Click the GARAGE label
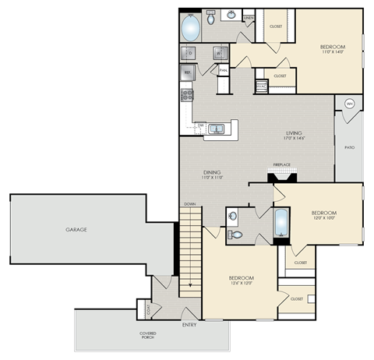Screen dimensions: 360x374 click(76, 231)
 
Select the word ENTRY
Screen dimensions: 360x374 click(189, 324)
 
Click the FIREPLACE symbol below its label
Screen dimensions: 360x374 click(281, 175)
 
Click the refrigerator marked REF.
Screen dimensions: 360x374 click(188, 72)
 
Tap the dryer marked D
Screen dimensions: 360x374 click(189, 53)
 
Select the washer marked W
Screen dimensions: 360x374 click(221, 53)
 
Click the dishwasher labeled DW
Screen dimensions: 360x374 click(200, 125)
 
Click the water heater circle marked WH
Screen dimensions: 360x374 click(349, 102)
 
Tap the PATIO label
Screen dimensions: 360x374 click(349, 146)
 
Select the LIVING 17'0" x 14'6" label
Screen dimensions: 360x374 click(293, 136)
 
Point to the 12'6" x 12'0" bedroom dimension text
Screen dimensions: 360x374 click(240, 284)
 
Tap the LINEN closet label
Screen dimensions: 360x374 click(249, 17)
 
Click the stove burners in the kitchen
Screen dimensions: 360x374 click(187, 94)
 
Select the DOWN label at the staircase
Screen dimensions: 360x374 click(189, 204)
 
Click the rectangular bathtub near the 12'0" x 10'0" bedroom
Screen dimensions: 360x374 click(281, 222)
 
